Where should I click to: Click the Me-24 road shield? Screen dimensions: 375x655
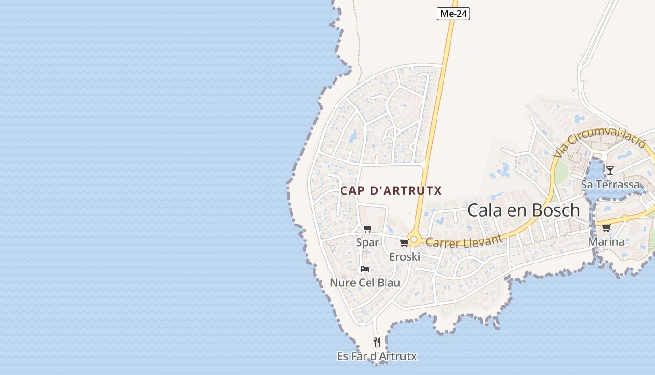coord(453,14)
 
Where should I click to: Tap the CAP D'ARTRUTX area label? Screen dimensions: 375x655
coord(391,191)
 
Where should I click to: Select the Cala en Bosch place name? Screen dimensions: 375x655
coord(524,210)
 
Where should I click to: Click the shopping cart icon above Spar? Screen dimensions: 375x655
coord(368,228)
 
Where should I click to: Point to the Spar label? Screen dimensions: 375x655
coord(367,242)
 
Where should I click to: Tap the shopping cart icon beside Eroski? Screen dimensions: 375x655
coord(404,243)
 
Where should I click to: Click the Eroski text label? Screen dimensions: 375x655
coord(405,257)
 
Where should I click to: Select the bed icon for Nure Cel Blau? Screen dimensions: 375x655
coord(365,269)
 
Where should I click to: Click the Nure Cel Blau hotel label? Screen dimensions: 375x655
coord(365,283)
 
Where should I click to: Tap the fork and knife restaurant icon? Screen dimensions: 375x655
coord(377,342)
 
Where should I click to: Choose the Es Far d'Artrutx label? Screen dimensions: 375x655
coord(377,356)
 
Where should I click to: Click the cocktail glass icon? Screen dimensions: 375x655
coord(610,170)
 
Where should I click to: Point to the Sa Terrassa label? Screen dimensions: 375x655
coord(610,185)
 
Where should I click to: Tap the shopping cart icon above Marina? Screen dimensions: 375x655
coord(606,228)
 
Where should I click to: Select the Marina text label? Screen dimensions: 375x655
coord(606,242)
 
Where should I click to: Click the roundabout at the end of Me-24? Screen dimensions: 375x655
coord(414,240)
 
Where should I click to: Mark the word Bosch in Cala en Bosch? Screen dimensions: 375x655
coord(556,210)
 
